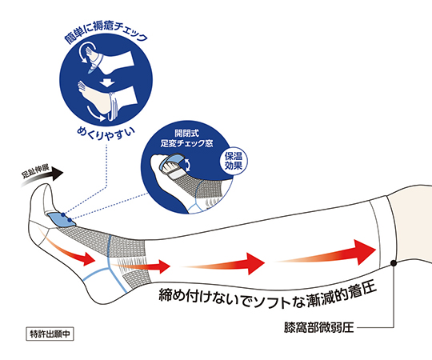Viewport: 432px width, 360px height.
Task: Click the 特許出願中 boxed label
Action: [50, 334]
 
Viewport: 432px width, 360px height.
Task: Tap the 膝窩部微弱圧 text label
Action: [318, 328]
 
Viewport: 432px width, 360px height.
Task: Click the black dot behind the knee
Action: [394, 263]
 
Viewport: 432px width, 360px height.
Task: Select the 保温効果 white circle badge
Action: [234, 161]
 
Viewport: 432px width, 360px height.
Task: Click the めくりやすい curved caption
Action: [106, 134]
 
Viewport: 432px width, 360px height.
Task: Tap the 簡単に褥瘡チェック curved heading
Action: [106, 33]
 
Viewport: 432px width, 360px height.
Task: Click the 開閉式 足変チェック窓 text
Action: [186, 138]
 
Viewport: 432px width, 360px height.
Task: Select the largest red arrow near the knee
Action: [325, 252]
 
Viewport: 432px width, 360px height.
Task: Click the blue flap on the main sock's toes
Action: [62, 219]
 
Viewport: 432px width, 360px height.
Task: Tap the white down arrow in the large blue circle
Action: [106, 82]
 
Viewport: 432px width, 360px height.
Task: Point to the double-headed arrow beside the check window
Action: [187, 164]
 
